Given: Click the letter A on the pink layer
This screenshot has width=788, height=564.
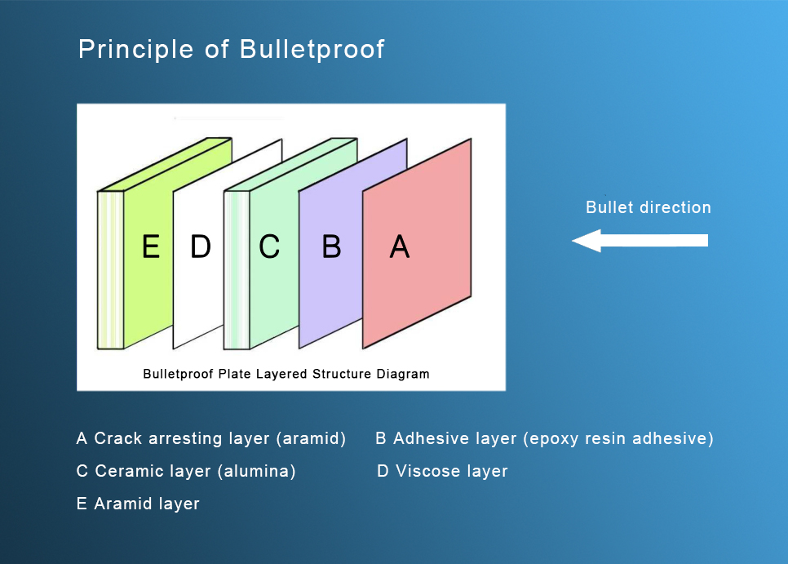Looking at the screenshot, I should [399, 246].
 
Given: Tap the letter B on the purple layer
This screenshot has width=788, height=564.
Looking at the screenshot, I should [331, 246].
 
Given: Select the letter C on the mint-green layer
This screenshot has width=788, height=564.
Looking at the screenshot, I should [269, 246].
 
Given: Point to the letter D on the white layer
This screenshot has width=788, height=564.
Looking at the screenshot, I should [200, 246].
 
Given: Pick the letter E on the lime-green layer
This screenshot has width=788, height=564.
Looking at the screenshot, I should [150, 246].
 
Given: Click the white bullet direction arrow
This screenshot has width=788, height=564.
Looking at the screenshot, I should [640, 241].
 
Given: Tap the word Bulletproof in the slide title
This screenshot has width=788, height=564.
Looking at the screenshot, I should [312, 50].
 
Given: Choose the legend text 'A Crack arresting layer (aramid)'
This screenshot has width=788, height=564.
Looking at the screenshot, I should [210, 439].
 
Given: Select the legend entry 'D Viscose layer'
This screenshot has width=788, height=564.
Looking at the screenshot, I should [442, 472].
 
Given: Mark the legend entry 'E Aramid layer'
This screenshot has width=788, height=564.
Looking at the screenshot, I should [138, 504].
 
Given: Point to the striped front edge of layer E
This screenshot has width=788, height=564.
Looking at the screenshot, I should [110, 269].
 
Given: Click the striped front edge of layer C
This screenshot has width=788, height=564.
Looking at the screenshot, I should [237, 269].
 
